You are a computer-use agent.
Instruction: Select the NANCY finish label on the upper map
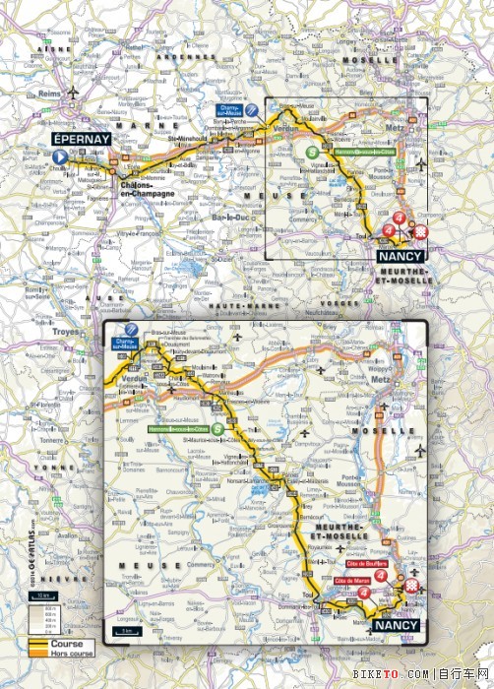point(401,256)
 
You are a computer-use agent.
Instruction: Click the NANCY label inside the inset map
point(397,625)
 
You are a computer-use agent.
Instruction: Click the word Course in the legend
point(46,642)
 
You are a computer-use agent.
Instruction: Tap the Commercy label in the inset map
point(199,565)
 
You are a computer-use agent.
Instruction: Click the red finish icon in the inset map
point(412,587)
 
